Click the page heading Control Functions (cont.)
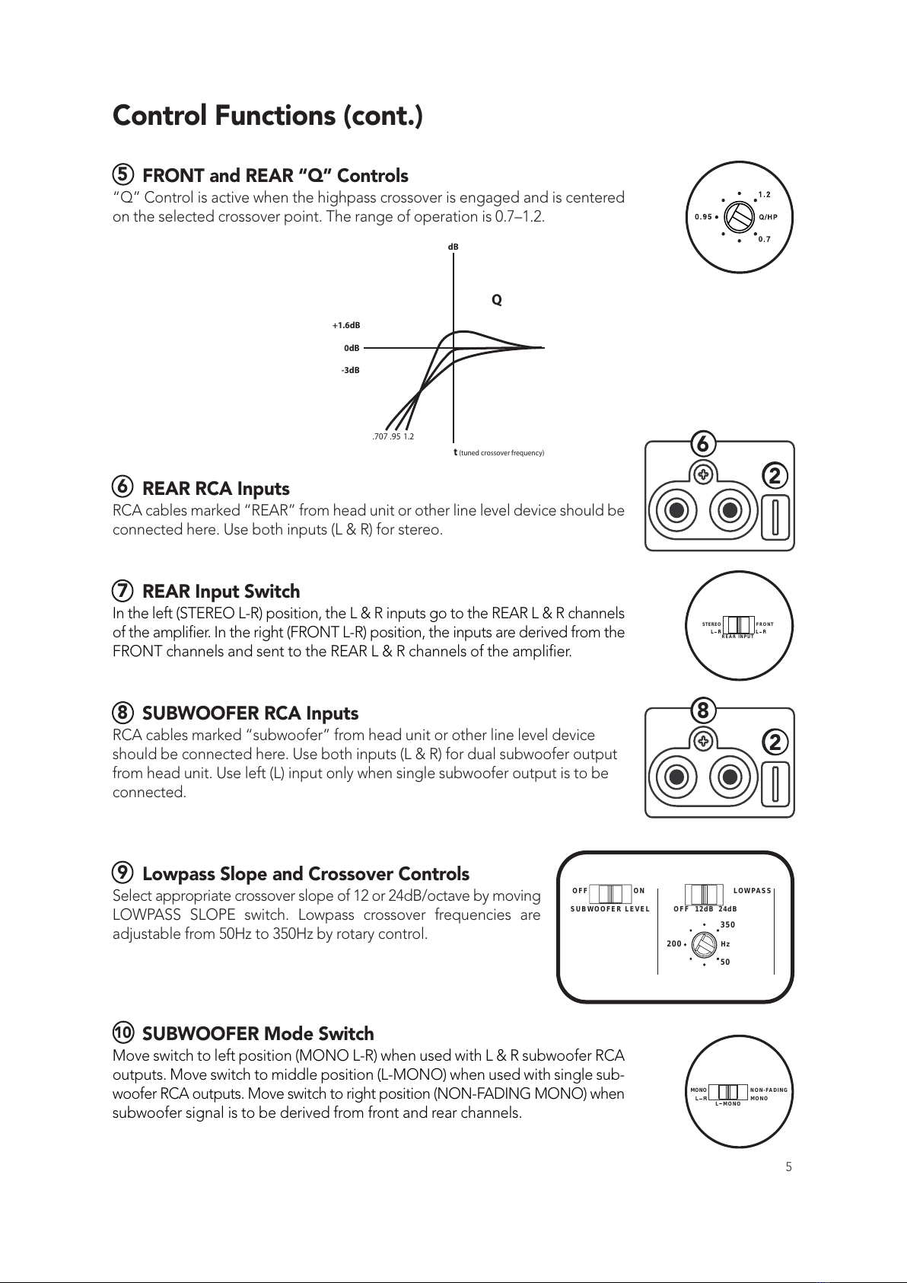tap(267, 116)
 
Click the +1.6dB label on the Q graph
tap(345, 326)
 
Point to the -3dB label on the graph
tap(350, 371)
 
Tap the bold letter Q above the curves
tap(497, 300)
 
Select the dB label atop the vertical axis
tap(454, 247)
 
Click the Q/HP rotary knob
tap(737, 216)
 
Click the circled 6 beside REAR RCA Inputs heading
tap(123, 487)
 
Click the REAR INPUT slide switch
tap(737, 624)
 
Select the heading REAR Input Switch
tap(221, 592)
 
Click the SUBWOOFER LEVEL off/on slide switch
tap(610, 893)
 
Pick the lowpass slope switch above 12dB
tap(705, 893)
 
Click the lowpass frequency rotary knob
tap(703, 945)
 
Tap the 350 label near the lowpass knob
tap(727, 925)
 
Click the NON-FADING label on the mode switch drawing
tap(769, 1090)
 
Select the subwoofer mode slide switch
tap(728, 1093)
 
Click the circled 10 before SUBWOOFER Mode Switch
tap(123, 1033)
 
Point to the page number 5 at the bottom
tap(789, 1167)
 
